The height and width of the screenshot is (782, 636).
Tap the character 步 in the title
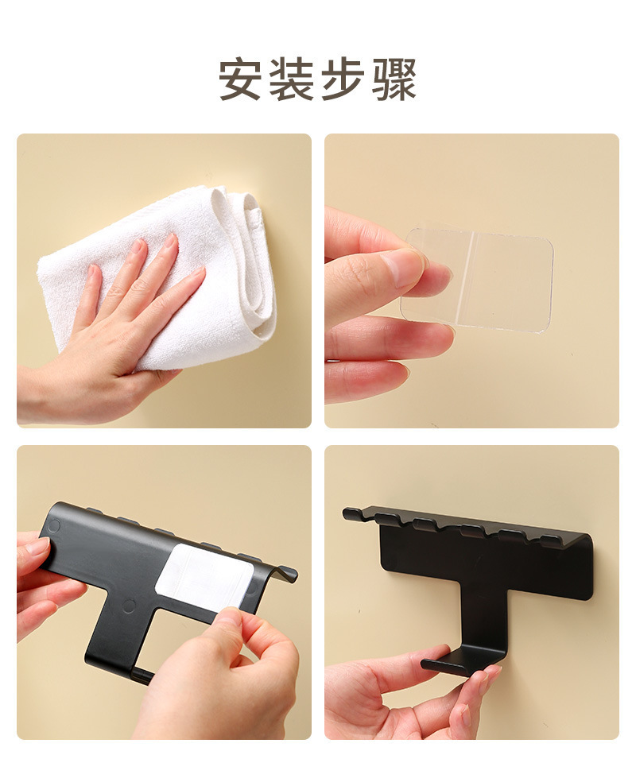coord(343,79)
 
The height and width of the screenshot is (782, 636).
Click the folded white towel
coord(165,279)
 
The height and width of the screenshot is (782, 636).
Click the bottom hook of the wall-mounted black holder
coord(461,662)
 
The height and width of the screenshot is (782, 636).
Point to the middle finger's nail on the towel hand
coord(171,241)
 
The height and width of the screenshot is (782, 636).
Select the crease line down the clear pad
coord(472,279)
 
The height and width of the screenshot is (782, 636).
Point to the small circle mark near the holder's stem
coord(130,606)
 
